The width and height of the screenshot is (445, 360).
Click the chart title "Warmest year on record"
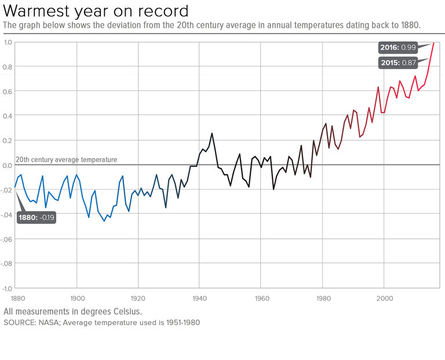click(x=96, y=11)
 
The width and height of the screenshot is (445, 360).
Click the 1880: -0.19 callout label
click(x=35, y=217)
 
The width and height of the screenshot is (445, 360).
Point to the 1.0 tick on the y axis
click(x=8, y=42)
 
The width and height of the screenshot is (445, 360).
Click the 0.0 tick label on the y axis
click(x=8, y=165)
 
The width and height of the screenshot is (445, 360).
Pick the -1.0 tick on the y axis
click(x=7, y=288)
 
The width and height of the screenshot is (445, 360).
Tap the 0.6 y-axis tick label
click(x=8, y=92)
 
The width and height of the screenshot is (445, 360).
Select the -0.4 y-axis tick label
click(x=7, y=214)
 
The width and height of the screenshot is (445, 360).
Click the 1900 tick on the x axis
click(x=77, y=299)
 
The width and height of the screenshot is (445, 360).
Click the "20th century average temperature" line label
click(x=66, y=159)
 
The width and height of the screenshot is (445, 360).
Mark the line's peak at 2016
click(x=433, y=43)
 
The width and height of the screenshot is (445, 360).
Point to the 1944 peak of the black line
click(x=212, y=133)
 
